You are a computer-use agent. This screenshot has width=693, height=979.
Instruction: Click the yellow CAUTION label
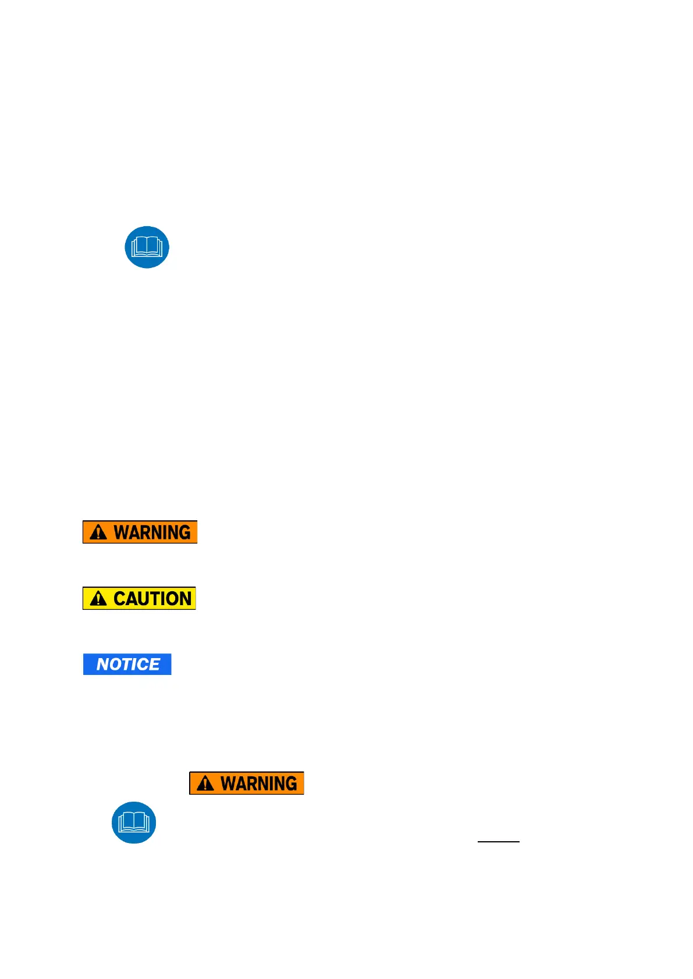coord(139,598)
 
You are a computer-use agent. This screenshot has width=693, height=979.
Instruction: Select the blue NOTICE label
coord(127,664)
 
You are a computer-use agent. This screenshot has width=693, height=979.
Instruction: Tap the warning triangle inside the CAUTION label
coord(98,598)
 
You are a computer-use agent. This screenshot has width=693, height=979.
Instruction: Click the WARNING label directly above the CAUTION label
coord(140,532)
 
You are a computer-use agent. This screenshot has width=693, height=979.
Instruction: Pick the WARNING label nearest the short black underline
coord(247,783)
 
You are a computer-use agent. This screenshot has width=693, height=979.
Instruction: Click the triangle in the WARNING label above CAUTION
coord(98,532)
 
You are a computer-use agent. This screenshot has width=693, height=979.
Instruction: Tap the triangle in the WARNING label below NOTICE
coord(205,783)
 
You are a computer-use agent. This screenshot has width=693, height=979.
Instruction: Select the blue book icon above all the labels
coord(147,247)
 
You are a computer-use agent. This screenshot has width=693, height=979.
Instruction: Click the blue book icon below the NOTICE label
coord(134,823)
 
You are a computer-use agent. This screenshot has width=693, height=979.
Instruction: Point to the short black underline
coord(498,841)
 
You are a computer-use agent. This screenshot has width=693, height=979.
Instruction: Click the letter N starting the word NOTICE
coord(102,664)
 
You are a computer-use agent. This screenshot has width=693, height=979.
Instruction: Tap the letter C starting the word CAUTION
coord(120,599)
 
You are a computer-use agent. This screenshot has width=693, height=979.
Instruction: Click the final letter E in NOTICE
coord(154,664)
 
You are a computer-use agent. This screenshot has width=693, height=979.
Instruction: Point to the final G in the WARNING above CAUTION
coord(184,532)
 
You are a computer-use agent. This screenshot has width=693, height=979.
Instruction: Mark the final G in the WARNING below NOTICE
coord(290,783)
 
